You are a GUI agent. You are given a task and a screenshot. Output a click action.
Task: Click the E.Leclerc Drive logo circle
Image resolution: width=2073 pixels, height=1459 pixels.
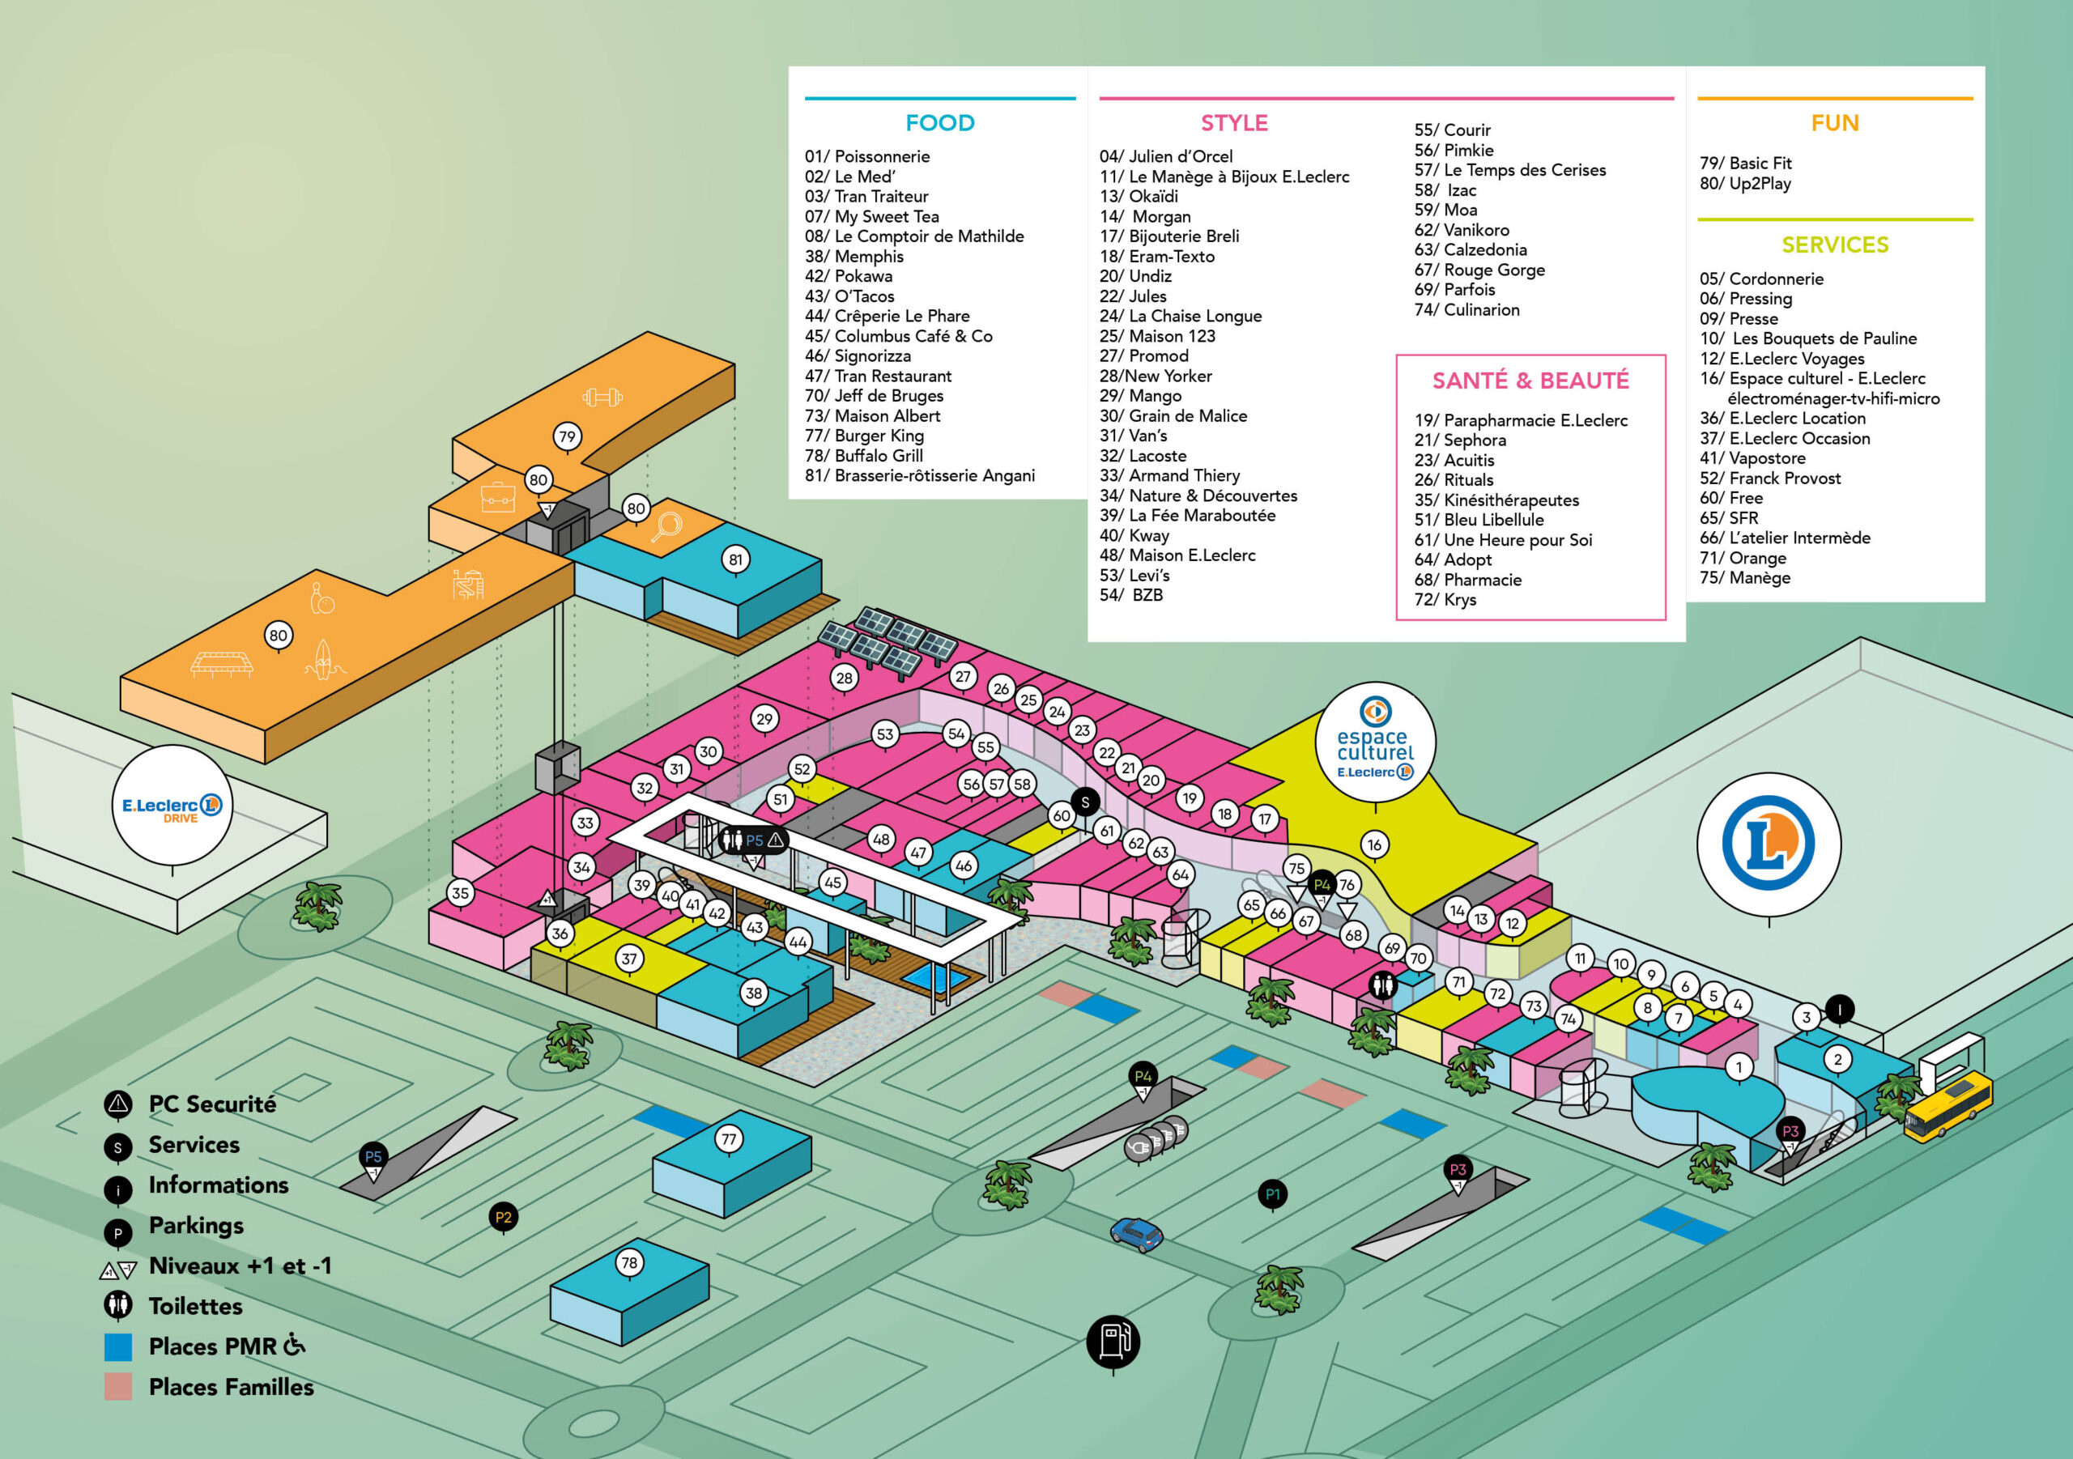[172, 803]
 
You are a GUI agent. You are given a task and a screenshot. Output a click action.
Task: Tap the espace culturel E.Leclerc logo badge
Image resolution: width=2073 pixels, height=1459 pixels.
[1375, 741]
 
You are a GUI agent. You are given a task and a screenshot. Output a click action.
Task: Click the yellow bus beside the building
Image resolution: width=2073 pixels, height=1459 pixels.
[1947, 1106]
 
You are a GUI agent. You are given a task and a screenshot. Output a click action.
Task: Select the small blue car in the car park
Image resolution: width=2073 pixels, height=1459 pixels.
[1136, 1233]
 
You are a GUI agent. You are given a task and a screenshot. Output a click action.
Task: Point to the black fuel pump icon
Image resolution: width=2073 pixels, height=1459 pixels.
[1113, 1341]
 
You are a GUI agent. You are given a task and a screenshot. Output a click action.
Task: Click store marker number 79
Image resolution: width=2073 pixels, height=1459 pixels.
[567, 437]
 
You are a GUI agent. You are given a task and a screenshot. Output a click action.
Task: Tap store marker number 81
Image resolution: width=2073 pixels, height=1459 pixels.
[736, 559]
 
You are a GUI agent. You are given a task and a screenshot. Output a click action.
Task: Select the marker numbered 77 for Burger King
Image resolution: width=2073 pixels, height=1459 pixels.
[729, 1139]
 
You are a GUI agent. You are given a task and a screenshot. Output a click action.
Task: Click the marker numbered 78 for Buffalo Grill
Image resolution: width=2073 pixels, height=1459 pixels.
[629, 1262]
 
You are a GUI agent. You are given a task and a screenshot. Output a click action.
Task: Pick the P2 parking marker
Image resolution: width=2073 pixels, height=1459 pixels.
[503, 1217]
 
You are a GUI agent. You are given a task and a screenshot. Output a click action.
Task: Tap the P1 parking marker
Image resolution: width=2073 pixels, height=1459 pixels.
[1272, 1194]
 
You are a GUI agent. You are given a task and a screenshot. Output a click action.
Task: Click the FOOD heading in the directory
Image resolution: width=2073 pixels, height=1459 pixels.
[940, 123]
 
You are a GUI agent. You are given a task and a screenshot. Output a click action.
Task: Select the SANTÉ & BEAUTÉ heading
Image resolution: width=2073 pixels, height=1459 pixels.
[1530, 380]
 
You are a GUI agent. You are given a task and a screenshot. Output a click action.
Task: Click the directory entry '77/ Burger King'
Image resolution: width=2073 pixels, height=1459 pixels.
[864, 435]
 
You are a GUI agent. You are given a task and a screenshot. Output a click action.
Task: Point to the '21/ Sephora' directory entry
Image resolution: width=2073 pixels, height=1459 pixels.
[1460, 440]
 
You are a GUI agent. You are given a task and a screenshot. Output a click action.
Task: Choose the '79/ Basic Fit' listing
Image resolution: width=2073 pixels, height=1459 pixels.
[1744, 164]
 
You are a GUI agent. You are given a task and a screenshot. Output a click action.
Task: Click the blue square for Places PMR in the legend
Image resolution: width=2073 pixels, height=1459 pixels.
[118, 1347]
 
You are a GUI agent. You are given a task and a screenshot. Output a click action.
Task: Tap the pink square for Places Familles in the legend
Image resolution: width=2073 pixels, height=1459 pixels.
[118, 1387]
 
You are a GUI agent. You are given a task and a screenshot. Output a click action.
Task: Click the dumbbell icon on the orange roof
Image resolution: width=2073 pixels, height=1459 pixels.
[602, 397]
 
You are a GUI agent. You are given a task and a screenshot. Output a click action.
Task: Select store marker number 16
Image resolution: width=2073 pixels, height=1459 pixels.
[1374, 845]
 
